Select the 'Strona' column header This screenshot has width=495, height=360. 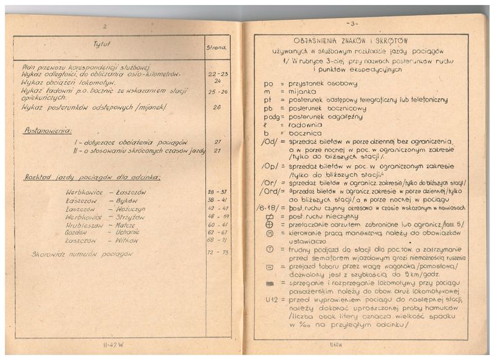pos(216,46)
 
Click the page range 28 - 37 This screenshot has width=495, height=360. pos(217,192)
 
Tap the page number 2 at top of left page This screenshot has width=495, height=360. pos(105,27)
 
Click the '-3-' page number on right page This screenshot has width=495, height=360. pos(353,24)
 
